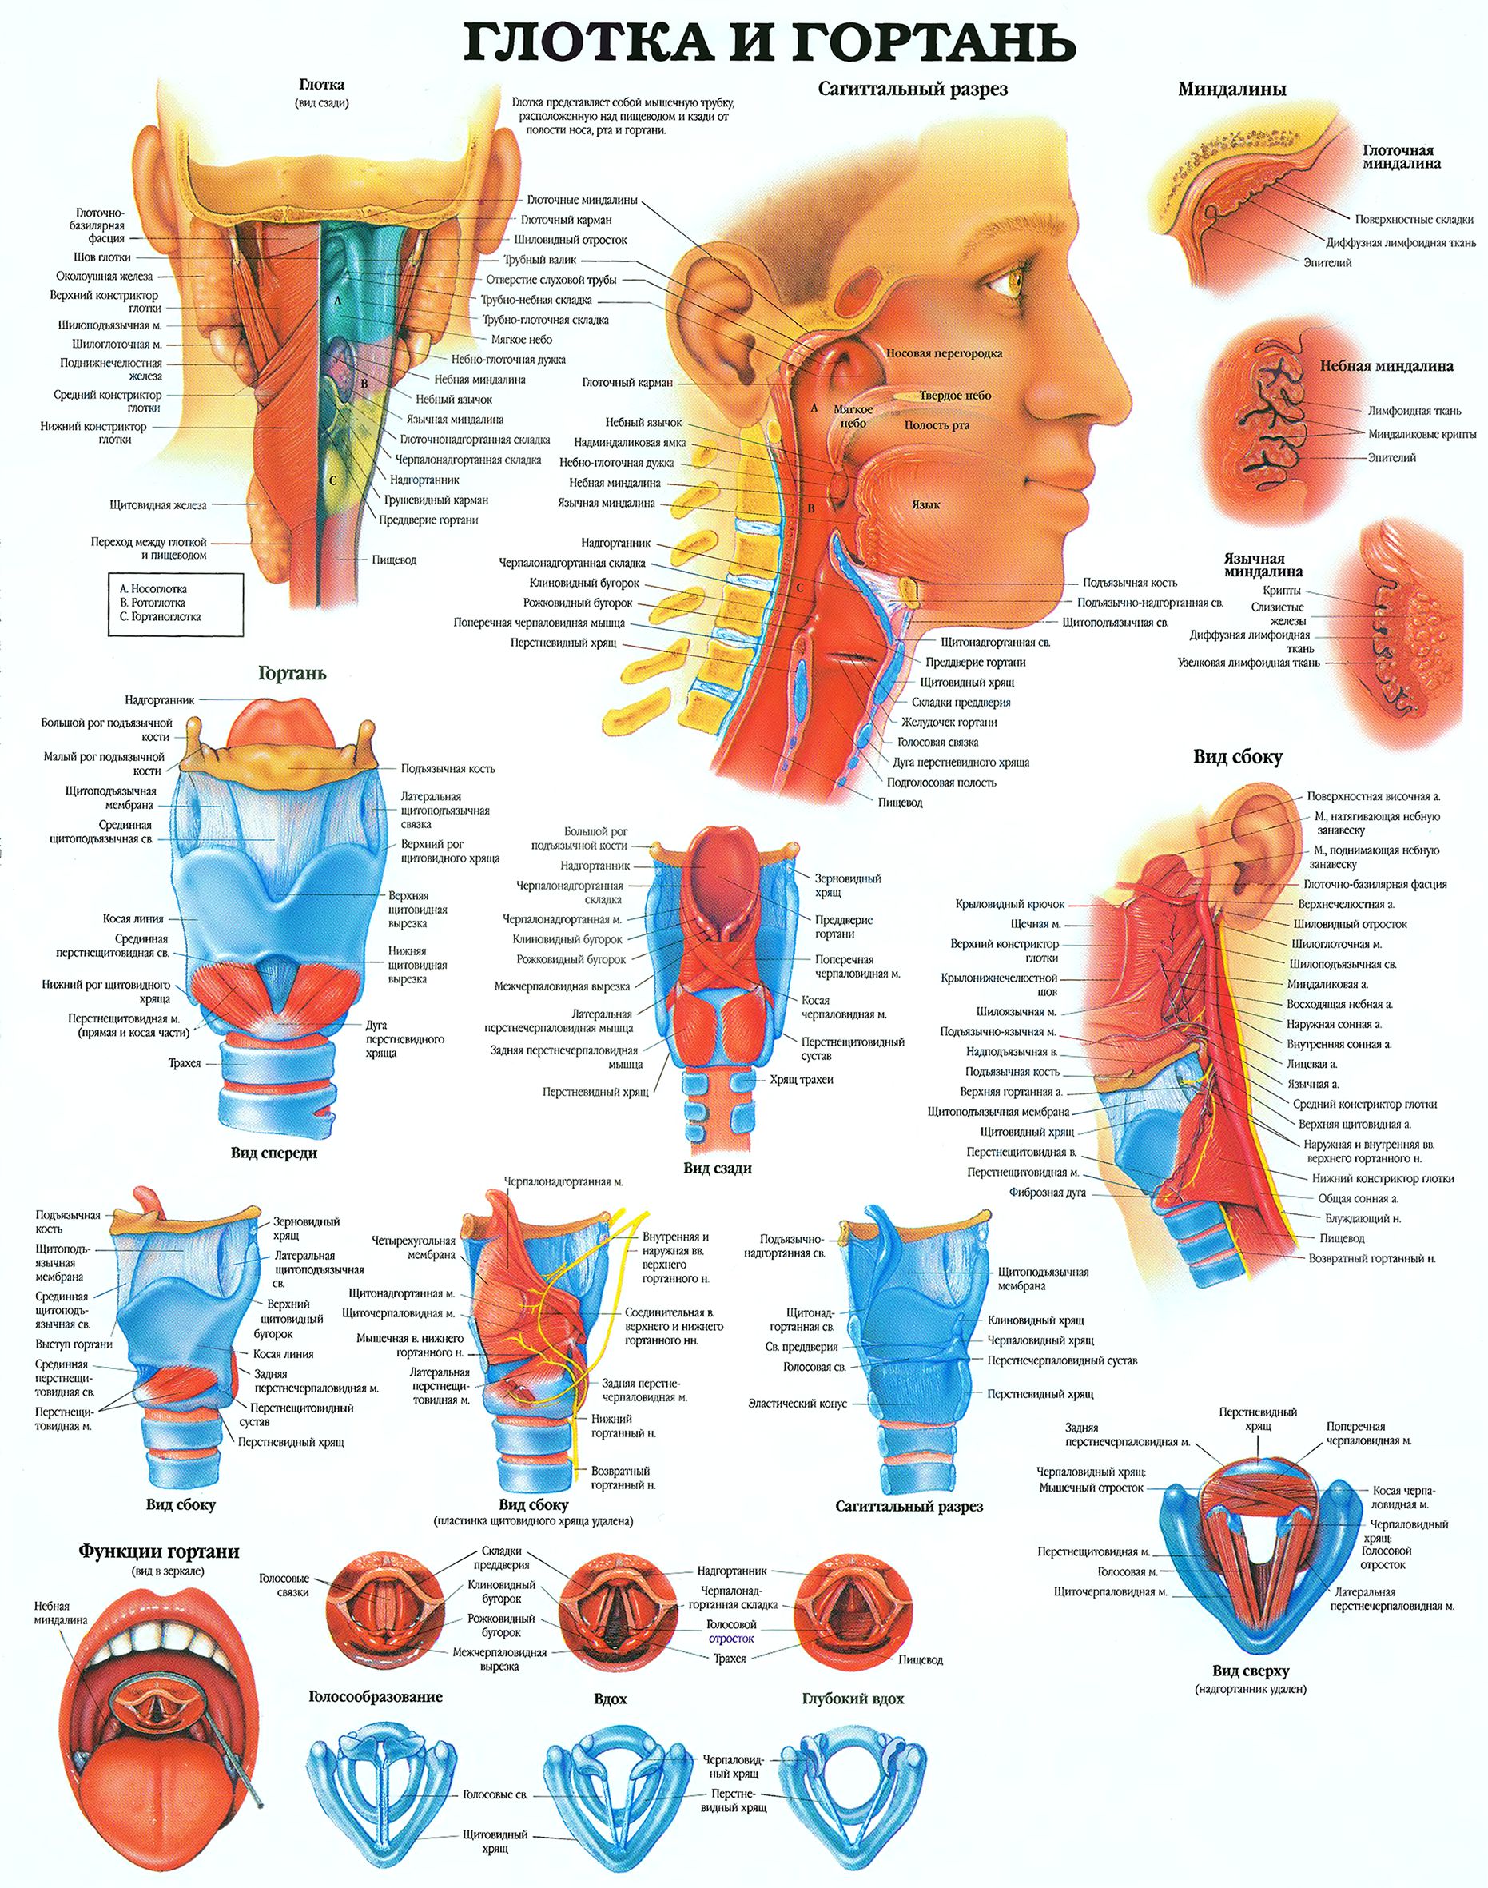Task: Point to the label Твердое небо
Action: coord(955,396)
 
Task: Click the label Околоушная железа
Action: coord(105,277)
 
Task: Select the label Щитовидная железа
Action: coord(158,504)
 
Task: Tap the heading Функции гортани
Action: coord(158,1551)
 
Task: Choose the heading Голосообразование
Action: coord(376,1696)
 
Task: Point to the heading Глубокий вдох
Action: coord(853,1698)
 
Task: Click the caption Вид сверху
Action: coord(1250,1671)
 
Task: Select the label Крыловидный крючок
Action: coord(1010,904)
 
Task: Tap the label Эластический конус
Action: coord(798,1404)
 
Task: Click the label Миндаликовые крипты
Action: coord(1422,433)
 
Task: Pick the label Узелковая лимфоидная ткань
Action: coord(1248,663)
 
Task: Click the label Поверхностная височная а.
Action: coord(1374,796)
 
